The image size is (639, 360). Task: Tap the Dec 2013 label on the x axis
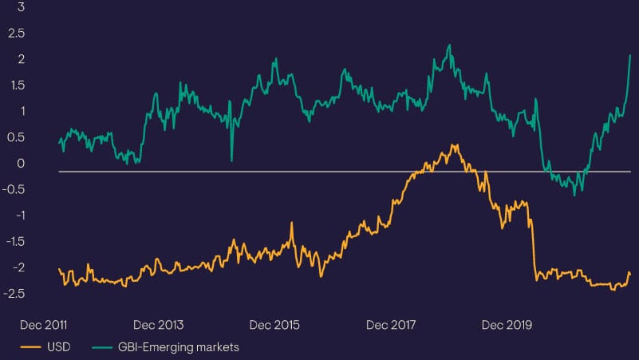158,326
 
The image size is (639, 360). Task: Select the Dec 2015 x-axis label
274,326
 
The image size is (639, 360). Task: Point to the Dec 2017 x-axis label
391,326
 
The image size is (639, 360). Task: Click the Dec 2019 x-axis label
507,326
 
